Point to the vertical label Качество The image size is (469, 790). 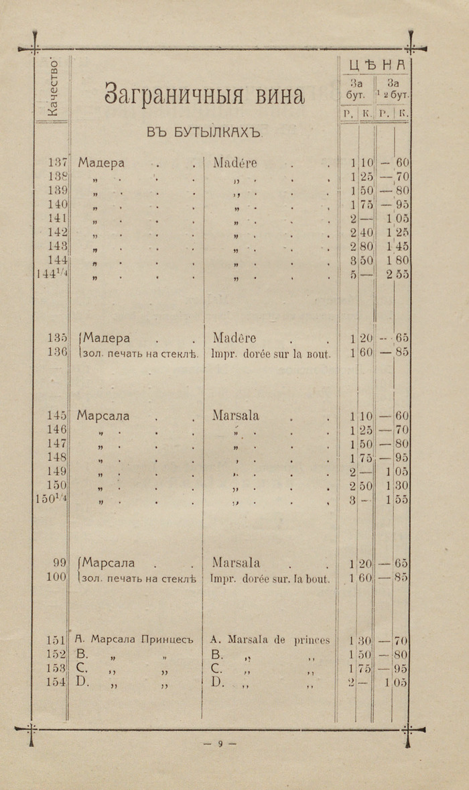click(53, 88)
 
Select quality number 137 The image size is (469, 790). click(59, 163)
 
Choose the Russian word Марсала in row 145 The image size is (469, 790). click(103, 416)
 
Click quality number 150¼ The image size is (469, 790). click(51, 500)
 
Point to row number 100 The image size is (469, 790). click(56, 577)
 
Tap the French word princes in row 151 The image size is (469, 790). click(312, 640)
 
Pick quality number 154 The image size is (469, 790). click(56, 682)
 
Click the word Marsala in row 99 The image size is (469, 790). click(236, 563)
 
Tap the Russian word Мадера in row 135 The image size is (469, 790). click(106, 338)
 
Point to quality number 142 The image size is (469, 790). click(59, 233)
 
